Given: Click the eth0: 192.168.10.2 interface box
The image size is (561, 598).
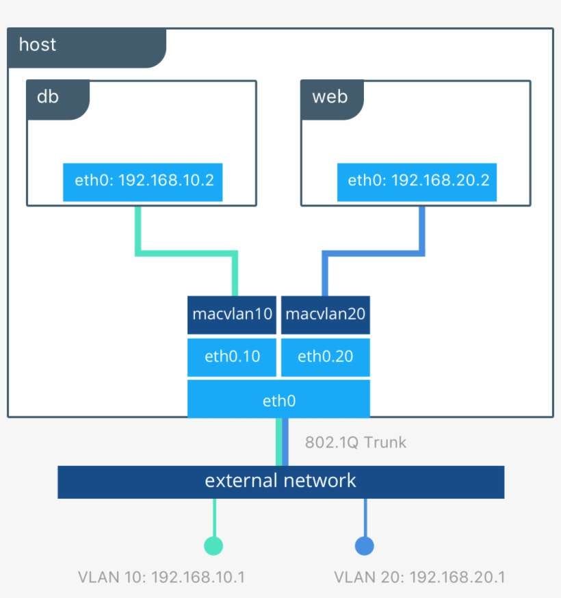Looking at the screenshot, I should (x=142, y=181).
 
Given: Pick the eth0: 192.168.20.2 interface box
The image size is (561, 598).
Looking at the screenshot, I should (x=417, y=181).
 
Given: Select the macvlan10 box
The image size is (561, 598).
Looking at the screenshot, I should (x=232, y=315).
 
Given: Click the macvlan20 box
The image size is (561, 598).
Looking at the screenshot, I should (x=326, y=315).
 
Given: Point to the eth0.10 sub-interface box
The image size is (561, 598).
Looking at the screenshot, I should (x=232, y=356).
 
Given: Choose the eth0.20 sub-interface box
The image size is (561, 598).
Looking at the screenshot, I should (x=326, y=356).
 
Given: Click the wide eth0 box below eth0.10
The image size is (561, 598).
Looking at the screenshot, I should (x=278, y=400).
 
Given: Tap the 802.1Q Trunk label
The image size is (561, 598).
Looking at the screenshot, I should (x=355, y=443).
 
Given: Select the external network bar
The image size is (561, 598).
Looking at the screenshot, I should (x=280, y=481).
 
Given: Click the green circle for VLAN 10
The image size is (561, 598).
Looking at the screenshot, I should (x=213, y=545).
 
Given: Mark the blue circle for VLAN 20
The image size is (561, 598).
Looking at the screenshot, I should (x=365, y=545).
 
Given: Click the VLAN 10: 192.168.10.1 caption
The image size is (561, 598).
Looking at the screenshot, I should (x=161, y=577).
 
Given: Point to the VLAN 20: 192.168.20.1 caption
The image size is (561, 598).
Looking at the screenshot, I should (x=419, y=577).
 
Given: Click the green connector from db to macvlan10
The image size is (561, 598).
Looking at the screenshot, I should (x=185, y=253).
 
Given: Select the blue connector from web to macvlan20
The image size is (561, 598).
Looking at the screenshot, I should (x=373, y=253).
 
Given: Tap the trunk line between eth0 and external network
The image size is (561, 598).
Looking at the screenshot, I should (x=279, y=442).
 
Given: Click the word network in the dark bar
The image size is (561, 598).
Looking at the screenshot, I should (x=322, y=480).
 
